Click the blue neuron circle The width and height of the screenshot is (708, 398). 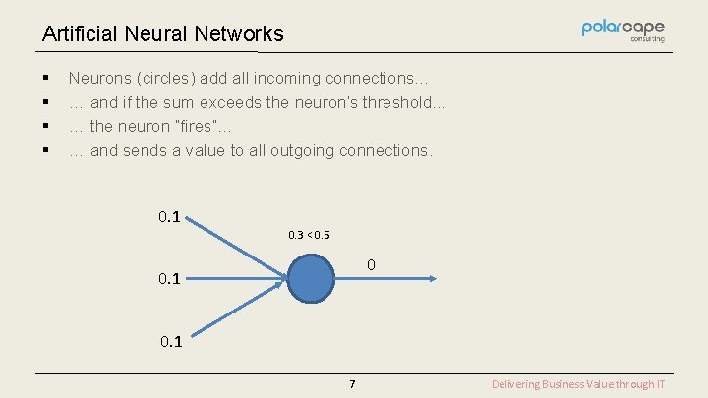click(x=313, y=279)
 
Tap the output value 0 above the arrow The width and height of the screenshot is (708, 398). click(x=371, y=265)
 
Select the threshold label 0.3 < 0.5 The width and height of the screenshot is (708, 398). click(x=309, y=235)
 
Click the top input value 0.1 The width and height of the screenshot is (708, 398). click(x=169, y=216)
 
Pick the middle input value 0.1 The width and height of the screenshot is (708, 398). click(x=169, y=280)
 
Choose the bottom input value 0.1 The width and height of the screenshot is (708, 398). click(x=169, y=342)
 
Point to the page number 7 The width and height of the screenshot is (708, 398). click(x=352, y=384)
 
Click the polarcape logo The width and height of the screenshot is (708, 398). click(x=622, y=30)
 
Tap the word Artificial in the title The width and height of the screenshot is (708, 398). click(x=81, y=34)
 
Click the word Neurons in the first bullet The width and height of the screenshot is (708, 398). click(x=98, y=78)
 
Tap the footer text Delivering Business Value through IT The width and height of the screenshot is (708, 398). click(x=578, y=384)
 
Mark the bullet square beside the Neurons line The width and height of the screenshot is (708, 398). click(x=46, y=78)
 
